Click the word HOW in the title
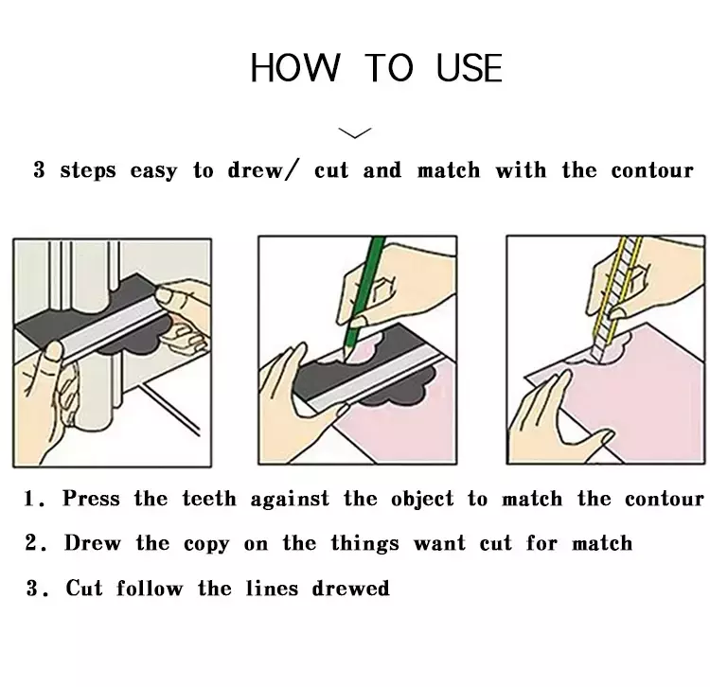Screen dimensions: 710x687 click(x=294, y=68)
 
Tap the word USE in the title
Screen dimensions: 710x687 click(x=470, y=68)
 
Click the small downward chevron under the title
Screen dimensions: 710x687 click(x=355, y=132)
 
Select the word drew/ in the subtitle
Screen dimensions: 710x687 click(x=263, y=170)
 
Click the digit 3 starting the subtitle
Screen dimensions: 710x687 click(x=40, y=170)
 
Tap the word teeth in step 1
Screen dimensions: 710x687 click(x=209, y=499)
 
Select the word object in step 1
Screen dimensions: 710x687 click(x=422, y=500)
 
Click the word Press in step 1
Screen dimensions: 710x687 click(x=92, y=499)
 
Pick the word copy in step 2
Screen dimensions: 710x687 click(x=206, y=544)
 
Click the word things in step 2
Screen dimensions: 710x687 click(x=365, y=543)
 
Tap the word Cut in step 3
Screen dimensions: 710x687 click(x=84, y=588)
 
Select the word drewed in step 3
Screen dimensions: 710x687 click(x=351, y=588)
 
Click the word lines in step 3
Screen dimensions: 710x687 click(x=272, y=588)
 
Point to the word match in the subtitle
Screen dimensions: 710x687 click(x=449, y=170)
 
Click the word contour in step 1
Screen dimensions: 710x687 click(x=665, y=499)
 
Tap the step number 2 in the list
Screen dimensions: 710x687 click(x=31, y=543)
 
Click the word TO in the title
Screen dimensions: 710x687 click(x=389, y=68)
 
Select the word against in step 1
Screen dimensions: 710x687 click(x=290, y=500)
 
